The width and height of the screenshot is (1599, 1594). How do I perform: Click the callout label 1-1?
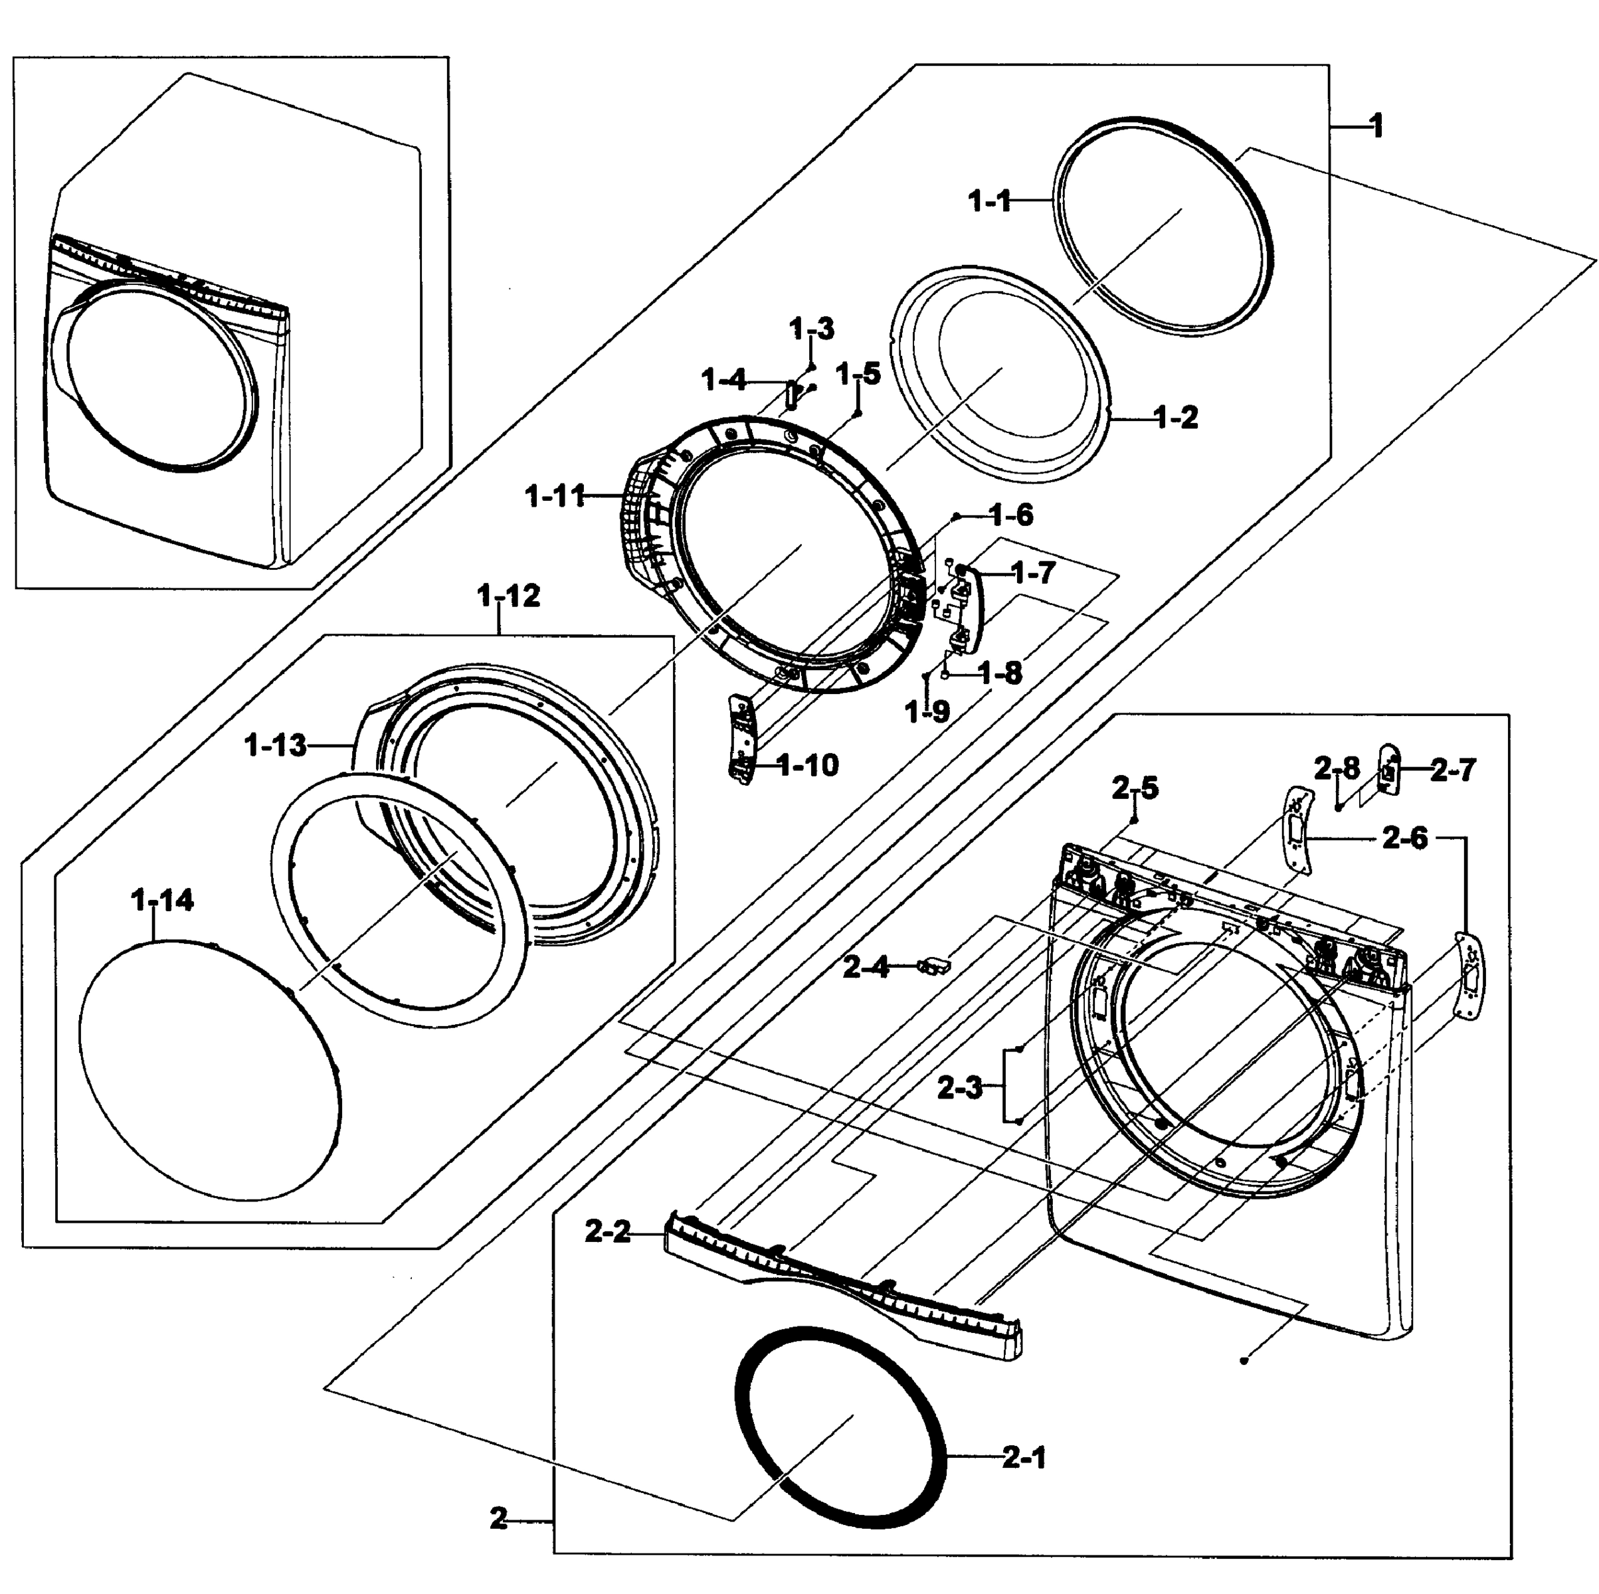(990, 201)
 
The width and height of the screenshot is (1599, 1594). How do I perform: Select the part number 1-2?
(1175, 418)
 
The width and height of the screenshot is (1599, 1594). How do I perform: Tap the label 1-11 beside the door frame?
(555, 497)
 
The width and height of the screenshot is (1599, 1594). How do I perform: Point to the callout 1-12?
(508, 596)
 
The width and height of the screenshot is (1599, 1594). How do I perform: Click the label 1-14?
(162, 901)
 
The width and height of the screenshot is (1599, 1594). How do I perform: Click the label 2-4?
(866, 966)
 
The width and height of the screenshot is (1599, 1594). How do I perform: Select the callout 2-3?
(959, 1087)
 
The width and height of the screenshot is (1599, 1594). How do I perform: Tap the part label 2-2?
(607, 1232)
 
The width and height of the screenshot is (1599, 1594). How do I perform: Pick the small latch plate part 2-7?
(1388, 770)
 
